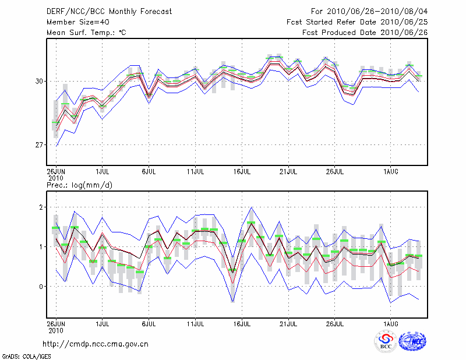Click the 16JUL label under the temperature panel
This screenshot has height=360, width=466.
coord(242,172)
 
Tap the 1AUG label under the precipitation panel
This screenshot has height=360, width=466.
coord(391,322)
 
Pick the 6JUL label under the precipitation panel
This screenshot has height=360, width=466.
coord(149,322)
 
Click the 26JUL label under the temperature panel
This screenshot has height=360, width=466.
coord(335,172)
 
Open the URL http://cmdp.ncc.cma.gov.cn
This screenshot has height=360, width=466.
coord(96,344)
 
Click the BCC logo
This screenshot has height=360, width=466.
coord(386,342)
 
